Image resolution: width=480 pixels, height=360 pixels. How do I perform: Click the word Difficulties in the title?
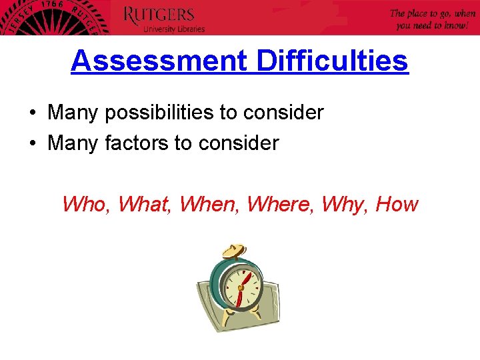click(332, 61)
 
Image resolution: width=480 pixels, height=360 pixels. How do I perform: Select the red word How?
click(397, 204)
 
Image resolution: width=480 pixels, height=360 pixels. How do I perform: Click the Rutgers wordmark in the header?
click(159, 15)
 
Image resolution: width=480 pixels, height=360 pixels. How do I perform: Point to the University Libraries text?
click(174, 29)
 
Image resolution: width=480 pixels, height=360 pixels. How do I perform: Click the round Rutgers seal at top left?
click(50, 17)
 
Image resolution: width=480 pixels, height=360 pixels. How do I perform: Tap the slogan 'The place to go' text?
click(433, 13)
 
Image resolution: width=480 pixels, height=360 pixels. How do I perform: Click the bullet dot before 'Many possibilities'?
click(33, 113)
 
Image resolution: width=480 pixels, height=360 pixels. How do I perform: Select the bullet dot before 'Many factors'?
click(33, 143)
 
